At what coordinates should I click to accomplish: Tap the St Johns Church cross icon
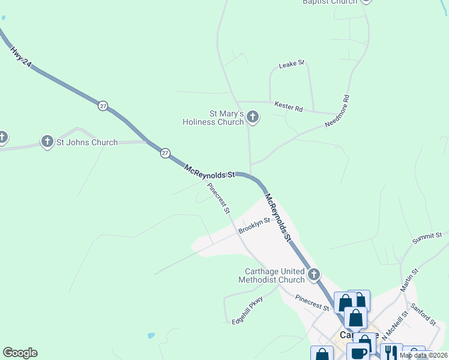pos(47,142)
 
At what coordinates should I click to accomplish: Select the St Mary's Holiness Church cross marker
pos(253,116)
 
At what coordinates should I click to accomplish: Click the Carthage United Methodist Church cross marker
pos(313,275)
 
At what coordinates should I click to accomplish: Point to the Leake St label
pos(292,63)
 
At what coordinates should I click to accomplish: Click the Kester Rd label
pos(288,107)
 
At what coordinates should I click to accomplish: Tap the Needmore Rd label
pos(337,111)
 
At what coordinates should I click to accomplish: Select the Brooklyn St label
pos(255,226)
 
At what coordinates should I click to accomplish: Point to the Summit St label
pos(427,238)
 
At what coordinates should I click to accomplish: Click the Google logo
pos(20,353)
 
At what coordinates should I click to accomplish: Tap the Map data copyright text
pos(423,356)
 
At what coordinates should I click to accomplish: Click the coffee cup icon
pos(359,353)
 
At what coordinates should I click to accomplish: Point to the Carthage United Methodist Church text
pos(272,275)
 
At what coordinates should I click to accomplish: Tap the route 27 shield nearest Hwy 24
pos(103,106)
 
